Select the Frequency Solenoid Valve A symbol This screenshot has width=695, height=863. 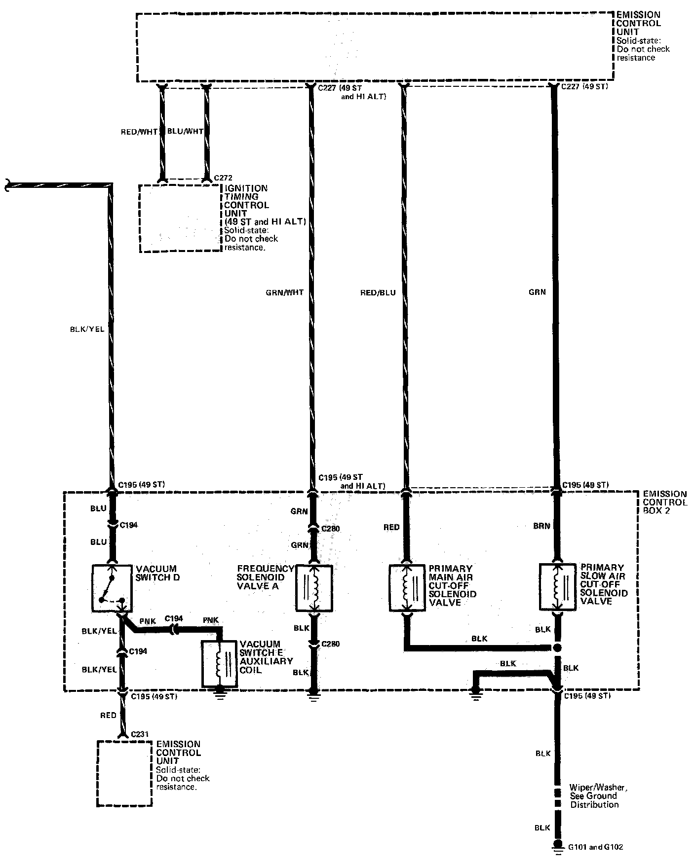[314, 587]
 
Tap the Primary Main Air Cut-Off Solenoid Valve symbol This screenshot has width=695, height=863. [407, 587]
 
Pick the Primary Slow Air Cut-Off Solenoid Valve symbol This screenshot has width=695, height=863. [557, 587]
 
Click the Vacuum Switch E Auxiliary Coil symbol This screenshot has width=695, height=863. [219, 663]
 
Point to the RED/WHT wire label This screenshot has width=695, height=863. [139, 132]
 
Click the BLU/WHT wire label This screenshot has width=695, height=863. [185, 132]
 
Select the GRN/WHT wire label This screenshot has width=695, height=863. [284, 292]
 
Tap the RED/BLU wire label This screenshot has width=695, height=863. [378, 292]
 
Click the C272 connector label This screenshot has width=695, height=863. [223, 178]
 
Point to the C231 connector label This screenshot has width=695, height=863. [140, 734]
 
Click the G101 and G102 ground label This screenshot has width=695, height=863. [595, 847]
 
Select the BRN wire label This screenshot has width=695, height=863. [541, 526]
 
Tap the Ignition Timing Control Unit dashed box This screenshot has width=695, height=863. [180, 218]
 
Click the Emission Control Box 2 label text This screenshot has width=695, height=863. [664, 502]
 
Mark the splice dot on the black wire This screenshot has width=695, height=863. [557, 647]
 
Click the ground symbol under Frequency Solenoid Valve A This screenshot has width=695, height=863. [314, 696]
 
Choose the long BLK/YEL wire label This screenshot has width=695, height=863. [87, 329]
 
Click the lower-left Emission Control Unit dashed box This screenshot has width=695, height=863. [124, 773]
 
